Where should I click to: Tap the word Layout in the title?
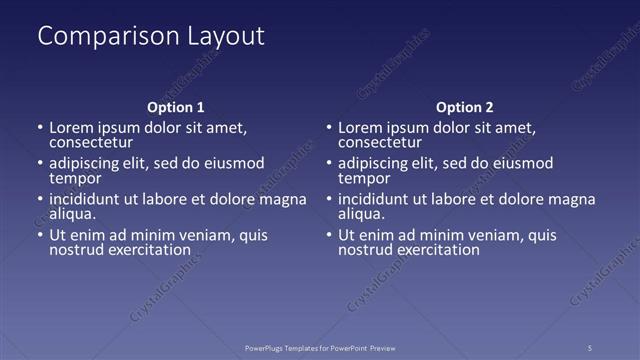coord(226,37)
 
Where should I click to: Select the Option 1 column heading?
coord(176,107)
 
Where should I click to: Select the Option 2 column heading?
coord(465,107)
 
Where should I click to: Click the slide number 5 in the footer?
coord(590,347)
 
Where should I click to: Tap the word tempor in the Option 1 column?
coord(75,178)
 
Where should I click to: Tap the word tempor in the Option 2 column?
coord(364,178)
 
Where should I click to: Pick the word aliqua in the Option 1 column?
coord(72,214)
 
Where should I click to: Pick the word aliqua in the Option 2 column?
coord(361,214)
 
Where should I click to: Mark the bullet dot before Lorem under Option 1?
coord(40,129)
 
